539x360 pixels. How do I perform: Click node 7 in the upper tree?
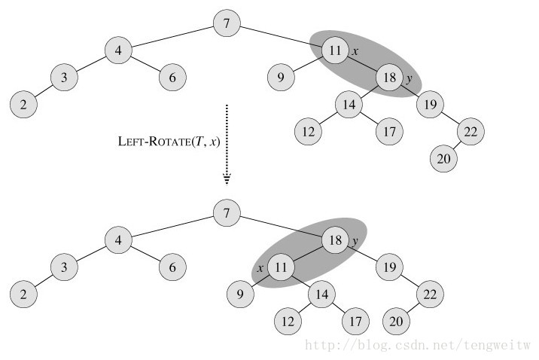pyautogui.click(x=227, y=23)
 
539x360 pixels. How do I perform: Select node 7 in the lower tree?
pyautogui.click(x=227, y=214)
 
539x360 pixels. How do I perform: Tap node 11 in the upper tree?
pyautogui.click(x=333, y=50)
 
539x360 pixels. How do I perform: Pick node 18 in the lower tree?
pyautogui.click(x=333, y=241)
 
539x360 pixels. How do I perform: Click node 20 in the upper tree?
pyautogui.click(x=444, y=159)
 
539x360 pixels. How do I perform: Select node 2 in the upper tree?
pyautogui.click(x=24, y=104)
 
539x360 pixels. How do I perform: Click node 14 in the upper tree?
pyautogui.click(x=348, y=105)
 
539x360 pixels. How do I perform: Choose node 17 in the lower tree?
pyautogui.click(x=355, y=321)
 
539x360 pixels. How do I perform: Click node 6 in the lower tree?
pyautogui.click(x=172, y=267)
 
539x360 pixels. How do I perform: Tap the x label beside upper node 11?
pyautogui.click(x=353, y=50)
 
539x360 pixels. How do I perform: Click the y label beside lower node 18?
pyautogui.click(x=354, y=241)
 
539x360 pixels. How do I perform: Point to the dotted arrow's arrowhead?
pyautogui.click(x=227, y=178)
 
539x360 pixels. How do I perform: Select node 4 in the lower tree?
pyautogui.click(x=117, y=241)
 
